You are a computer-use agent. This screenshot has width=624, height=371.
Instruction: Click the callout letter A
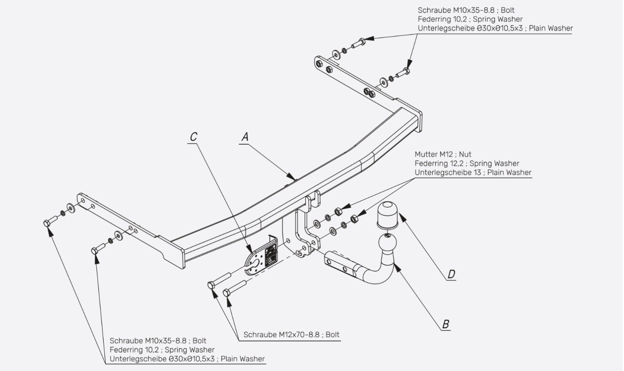coord(245,137)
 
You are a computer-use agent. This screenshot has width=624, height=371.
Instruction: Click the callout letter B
coord(446,324)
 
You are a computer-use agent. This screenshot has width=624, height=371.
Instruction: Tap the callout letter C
coord(194,137)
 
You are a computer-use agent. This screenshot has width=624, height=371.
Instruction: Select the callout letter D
coord(451,274)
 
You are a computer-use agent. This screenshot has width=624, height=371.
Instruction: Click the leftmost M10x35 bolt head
coord(47,223)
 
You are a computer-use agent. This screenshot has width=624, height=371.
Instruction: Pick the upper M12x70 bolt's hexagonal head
coord(211,285)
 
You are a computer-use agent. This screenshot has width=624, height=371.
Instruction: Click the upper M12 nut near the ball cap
coord(338,212)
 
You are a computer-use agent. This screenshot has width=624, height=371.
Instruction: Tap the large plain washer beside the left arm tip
coord(71,208)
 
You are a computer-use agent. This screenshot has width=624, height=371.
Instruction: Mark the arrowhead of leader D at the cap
coord(402,217)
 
